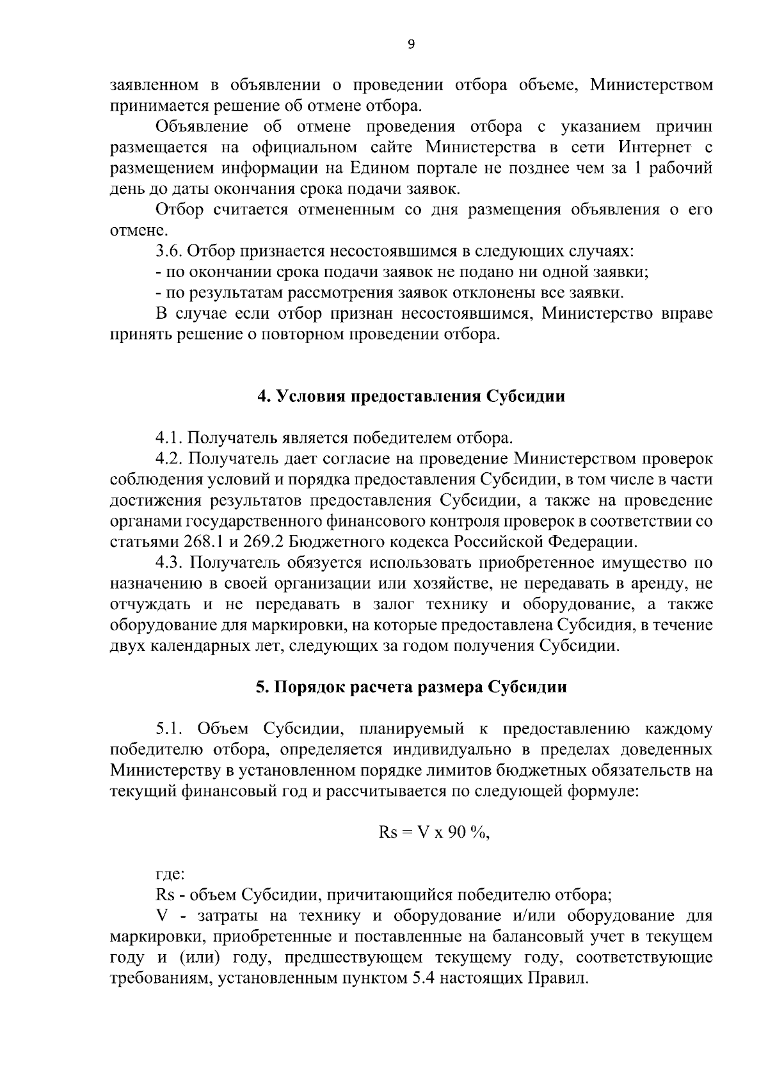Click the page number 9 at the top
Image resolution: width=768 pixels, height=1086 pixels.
pos(410,44)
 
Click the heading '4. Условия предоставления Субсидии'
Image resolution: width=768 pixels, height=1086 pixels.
pos(411,397)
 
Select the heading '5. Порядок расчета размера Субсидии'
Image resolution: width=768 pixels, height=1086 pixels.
pos(411,687)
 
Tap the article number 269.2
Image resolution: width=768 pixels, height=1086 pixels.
pos(264,542)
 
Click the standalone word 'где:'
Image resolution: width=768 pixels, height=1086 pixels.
pos(170,874)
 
